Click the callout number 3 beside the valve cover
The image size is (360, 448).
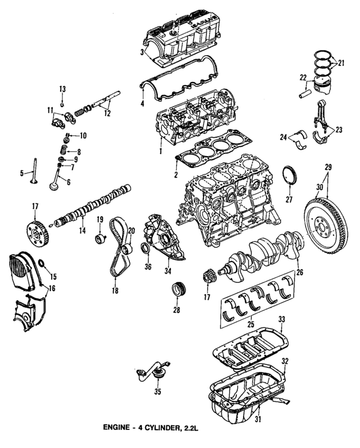[x=142, y=52]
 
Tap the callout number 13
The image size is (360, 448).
[x=62, y=89]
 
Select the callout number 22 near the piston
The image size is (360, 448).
[x=302, y=77]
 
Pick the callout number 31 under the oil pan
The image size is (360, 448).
[x=258, y=419]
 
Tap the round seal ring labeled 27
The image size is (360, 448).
[x=290, y=175]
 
